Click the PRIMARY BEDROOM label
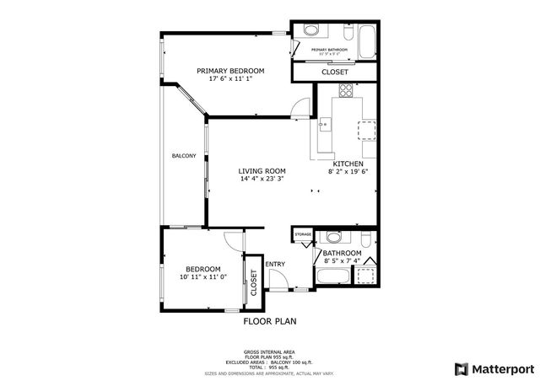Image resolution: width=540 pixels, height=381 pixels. [x=230, y=71]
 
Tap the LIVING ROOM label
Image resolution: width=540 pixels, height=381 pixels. [x=262, y=170]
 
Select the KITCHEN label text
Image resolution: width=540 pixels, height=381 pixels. [x=348, y=164]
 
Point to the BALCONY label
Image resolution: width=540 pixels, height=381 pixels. [x=184, y=156]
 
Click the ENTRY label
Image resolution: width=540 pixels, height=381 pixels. [x=275, y=264]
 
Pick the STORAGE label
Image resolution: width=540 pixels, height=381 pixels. [x=303, y=234]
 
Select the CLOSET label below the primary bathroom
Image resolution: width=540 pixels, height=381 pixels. [x=335, y=72]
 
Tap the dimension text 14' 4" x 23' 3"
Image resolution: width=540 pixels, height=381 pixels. [x=262, y=179]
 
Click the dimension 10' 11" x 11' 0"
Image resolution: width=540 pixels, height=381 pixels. [x=202, y=276]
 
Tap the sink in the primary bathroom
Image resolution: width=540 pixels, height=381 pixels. [x=310, y=31]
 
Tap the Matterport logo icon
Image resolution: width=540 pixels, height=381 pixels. [x=460, y=368]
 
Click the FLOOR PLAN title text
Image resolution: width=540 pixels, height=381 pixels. [x=269, y=321]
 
